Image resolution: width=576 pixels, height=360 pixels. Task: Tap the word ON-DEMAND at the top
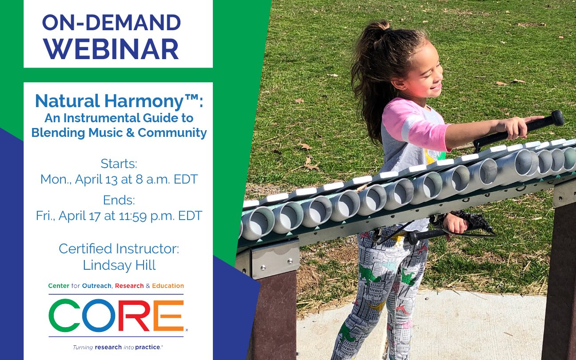point(112,23)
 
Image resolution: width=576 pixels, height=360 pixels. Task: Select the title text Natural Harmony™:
point(119,101)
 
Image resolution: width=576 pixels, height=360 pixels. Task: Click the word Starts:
point(119,163)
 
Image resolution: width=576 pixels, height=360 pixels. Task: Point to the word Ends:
point(119,200)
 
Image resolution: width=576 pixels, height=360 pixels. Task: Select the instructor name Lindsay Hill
point(119,265)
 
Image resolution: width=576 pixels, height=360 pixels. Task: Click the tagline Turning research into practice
point(118,347)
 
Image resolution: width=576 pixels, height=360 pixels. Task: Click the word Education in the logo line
point(168,286)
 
